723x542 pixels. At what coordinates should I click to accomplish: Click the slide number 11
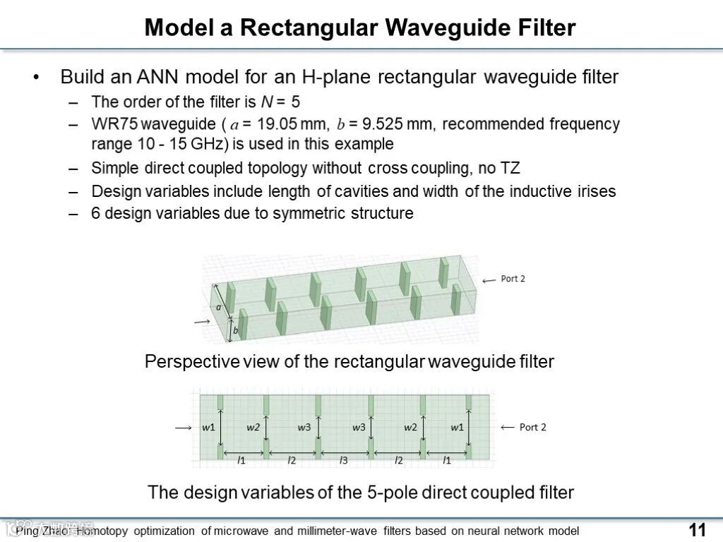tap(697, 530)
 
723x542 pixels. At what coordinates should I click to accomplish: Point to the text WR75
tap(114, 124)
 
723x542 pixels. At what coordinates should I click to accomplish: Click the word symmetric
tap(316, 213)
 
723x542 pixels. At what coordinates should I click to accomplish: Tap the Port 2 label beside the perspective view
tap(513, 279)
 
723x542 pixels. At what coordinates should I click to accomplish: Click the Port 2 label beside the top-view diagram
tap(532, 427)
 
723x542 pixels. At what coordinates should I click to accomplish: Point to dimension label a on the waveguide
tap(219, 307)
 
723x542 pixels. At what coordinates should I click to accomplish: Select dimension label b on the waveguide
tap(235, 330)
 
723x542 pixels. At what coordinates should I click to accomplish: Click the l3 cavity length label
tap(344, 461)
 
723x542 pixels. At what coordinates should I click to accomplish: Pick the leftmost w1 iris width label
tap(208, 427)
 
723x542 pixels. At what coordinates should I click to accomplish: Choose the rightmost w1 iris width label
tap(458, 427)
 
